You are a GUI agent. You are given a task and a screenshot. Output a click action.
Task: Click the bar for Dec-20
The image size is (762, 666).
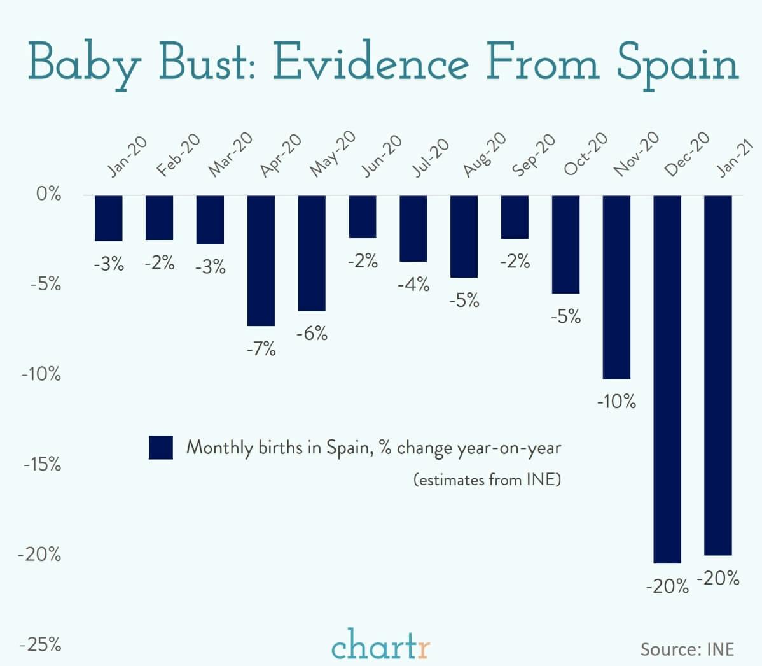point(667,379)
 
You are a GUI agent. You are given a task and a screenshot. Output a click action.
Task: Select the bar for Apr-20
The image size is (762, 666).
point(261,260)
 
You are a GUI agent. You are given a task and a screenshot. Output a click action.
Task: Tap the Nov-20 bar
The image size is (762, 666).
point(616,287)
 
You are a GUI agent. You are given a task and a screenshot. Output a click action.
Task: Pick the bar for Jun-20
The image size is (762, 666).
point(362,216)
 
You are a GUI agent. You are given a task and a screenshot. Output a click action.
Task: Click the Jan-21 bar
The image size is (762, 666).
point(718,375)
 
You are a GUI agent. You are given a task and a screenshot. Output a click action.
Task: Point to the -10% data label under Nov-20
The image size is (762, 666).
point(616,402)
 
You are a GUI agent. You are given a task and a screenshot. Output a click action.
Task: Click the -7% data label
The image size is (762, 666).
point(261,348)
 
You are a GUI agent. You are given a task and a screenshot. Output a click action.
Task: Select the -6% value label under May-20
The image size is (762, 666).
point(312,333)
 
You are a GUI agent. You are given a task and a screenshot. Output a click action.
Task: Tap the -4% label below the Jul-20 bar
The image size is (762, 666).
point(413,285)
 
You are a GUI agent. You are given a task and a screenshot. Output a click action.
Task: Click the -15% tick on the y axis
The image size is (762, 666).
point(42,465)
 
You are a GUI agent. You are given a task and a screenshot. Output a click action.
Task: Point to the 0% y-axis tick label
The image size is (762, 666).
point(48,194)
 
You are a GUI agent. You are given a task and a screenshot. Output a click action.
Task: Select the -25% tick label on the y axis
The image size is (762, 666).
point(42,645)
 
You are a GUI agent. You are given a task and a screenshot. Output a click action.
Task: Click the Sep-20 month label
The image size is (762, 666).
point(533,156)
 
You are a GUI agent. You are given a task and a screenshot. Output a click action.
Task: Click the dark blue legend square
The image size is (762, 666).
point(160,448)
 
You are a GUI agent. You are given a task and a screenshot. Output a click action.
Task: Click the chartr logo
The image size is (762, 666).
point(380,644)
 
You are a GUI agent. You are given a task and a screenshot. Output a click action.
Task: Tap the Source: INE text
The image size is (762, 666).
point(687,649)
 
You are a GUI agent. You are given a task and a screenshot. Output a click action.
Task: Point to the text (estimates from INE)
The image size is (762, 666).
point(487,479)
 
